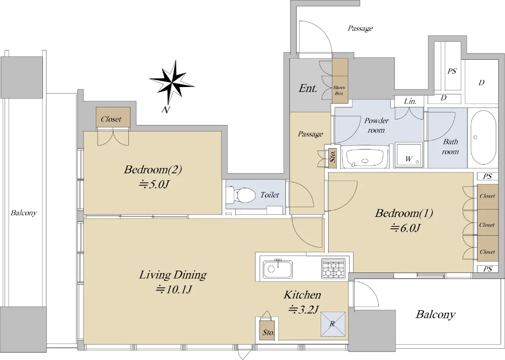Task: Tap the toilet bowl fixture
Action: (x=240, y=194)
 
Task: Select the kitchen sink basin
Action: (x=277, y=269)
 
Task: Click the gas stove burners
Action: (x=333, y=269)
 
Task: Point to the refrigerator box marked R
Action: (x=333, y=324)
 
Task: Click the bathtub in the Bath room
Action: (x=484, y=137)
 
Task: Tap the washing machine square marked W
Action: (x=409, y=155)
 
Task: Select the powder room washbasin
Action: (x=365, y=157)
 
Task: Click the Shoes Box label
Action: (x=339, y=90)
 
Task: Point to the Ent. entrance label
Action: (x=308, y=88)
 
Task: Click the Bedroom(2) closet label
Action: (x=111, y=119)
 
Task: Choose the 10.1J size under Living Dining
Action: (x=174, y=289)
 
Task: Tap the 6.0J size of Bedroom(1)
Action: (x=405, y=228)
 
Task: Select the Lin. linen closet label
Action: (x=410, y=101)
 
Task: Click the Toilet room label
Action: (x=270, y=195)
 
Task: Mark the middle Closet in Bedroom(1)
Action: (x=487, y=225)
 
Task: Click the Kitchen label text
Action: (x=302, y=295)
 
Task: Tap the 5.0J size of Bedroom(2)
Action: (x=154, y=184)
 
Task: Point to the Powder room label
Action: (x=376, y=125)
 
